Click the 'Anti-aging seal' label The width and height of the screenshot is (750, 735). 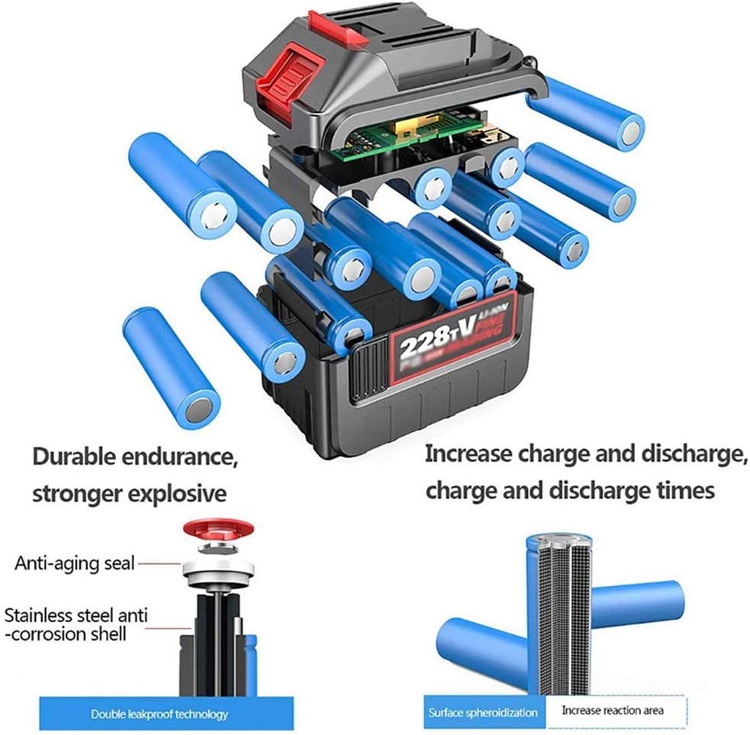[x=75, y=563]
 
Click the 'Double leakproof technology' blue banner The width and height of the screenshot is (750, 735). [x=159, y=714]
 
